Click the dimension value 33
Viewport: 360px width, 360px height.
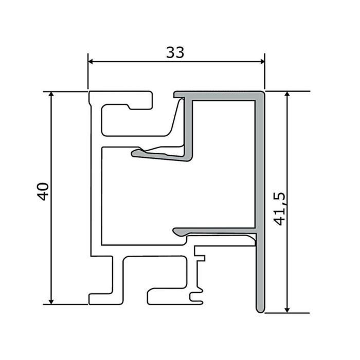[x=175, y=52]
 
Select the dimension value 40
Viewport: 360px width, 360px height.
[x=43, y=191]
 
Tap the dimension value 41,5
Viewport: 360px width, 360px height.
[x=280, y=209]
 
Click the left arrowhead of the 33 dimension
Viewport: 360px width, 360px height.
[x=91, y=62]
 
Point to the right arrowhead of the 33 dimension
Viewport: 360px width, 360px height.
[x=262, y=62]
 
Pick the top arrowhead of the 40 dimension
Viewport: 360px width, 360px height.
[x=51, y=94]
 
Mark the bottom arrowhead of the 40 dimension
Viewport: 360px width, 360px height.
[x=51, y=302]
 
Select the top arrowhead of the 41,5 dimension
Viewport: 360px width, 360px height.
[x=287, y=94]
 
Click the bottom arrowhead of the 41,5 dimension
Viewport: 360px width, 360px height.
[x=287, y=310]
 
